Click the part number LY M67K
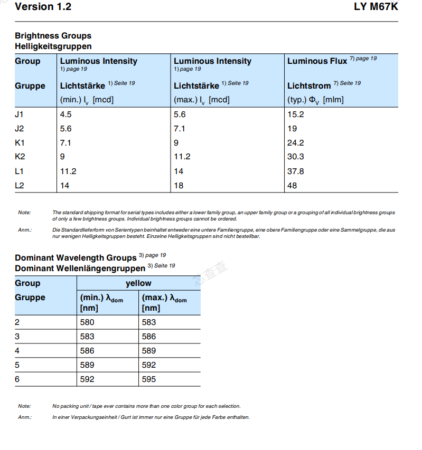tap(376, 7)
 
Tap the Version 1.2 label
tap(43, 7)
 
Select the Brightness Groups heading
tap(53, 36)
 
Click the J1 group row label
tap(20, 114)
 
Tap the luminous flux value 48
tap(292, 186)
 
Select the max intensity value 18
tap(179, 186)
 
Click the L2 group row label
tap(20, 186)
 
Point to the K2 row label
tap(20, 157)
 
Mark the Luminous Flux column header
tap(317, 61)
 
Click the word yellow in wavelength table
tap(138, 283)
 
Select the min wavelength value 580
tap(87, 322)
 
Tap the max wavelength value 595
tap(149, 379)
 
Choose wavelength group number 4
tap(17, 351)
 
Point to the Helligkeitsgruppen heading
tap(53, 46)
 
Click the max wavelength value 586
tap(149, 337)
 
